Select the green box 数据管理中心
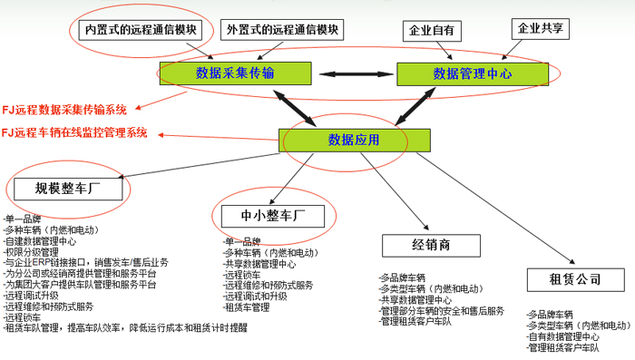coord(472,73)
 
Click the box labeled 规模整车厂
coord(67,190)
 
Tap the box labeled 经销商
coord(432,245)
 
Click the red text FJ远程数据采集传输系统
coord(64,110)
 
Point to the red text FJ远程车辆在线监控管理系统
coord(74,132)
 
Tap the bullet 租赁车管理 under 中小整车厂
coord(246,306)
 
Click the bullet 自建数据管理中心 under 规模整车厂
coord(41,241)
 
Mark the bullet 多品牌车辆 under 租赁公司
coord(552,315)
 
